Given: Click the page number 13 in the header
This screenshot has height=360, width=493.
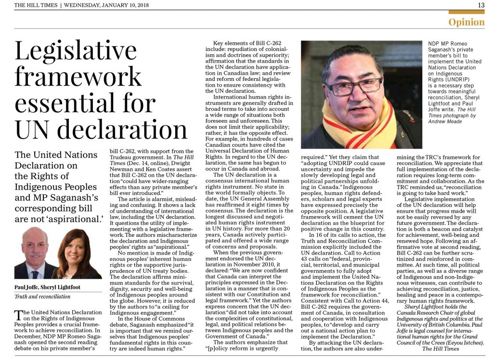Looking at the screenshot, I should point(481,5).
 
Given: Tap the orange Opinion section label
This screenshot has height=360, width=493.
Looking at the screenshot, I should point(467,22).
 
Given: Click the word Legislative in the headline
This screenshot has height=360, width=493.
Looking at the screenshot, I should point(76,51).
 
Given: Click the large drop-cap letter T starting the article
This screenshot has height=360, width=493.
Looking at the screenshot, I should point(19,315).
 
